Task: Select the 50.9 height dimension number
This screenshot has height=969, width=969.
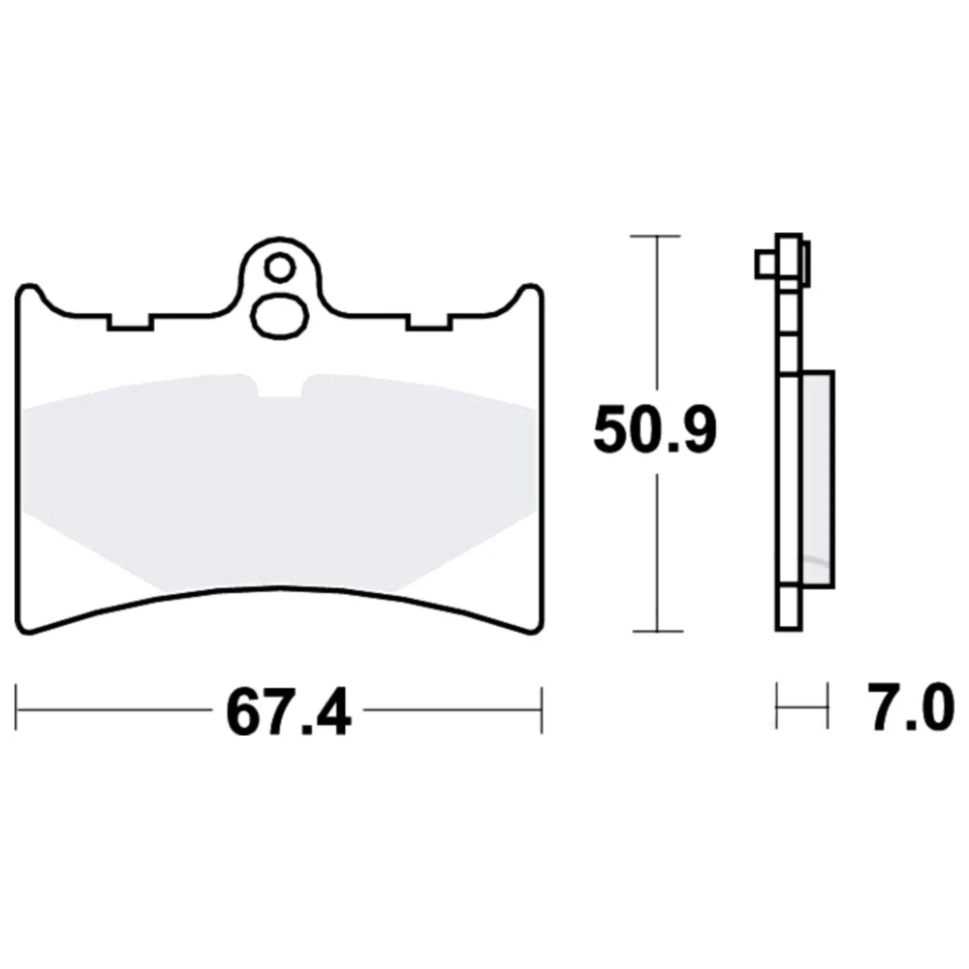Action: tap(655, 430)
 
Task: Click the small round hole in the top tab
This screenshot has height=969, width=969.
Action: tap(279, 268)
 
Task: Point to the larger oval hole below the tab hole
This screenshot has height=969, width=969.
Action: tap(279, 318)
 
